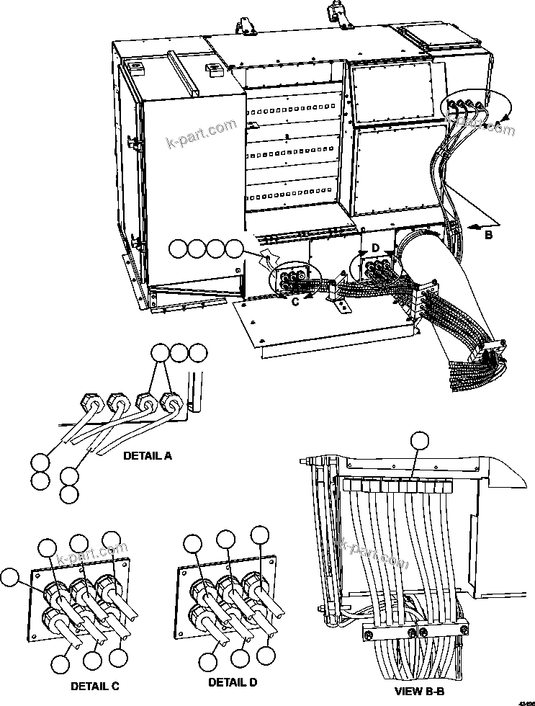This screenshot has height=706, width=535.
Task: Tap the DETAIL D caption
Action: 233,682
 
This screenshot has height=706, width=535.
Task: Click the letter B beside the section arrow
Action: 489,234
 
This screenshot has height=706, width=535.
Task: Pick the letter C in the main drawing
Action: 295,302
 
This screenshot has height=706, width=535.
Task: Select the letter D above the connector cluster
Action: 375,248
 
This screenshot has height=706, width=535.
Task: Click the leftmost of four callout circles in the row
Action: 179,249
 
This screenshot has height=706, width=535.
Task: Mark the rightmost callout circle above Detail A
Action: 197,353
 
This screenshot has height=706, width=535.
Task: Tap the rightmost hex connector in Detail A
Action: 171,402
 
